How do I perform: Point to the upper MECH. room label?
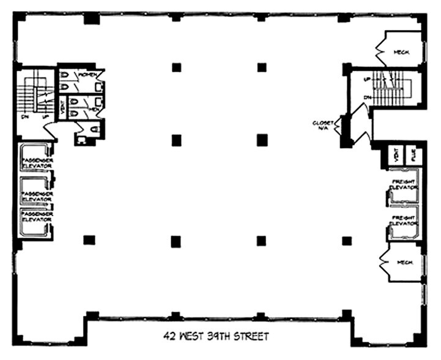tap(401, 53)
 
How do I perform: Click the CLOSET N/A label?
tap(322, 125)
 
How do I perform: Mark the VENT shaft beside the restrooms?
tap(62, 109)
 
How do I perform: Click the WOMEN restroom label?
tap(85, 75)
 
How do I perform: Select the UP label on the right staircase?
tap(366, 80)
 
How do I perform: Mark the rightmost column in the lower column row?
tap(347, 241)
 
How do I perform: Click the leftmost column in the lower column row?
tap(89, 240)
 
